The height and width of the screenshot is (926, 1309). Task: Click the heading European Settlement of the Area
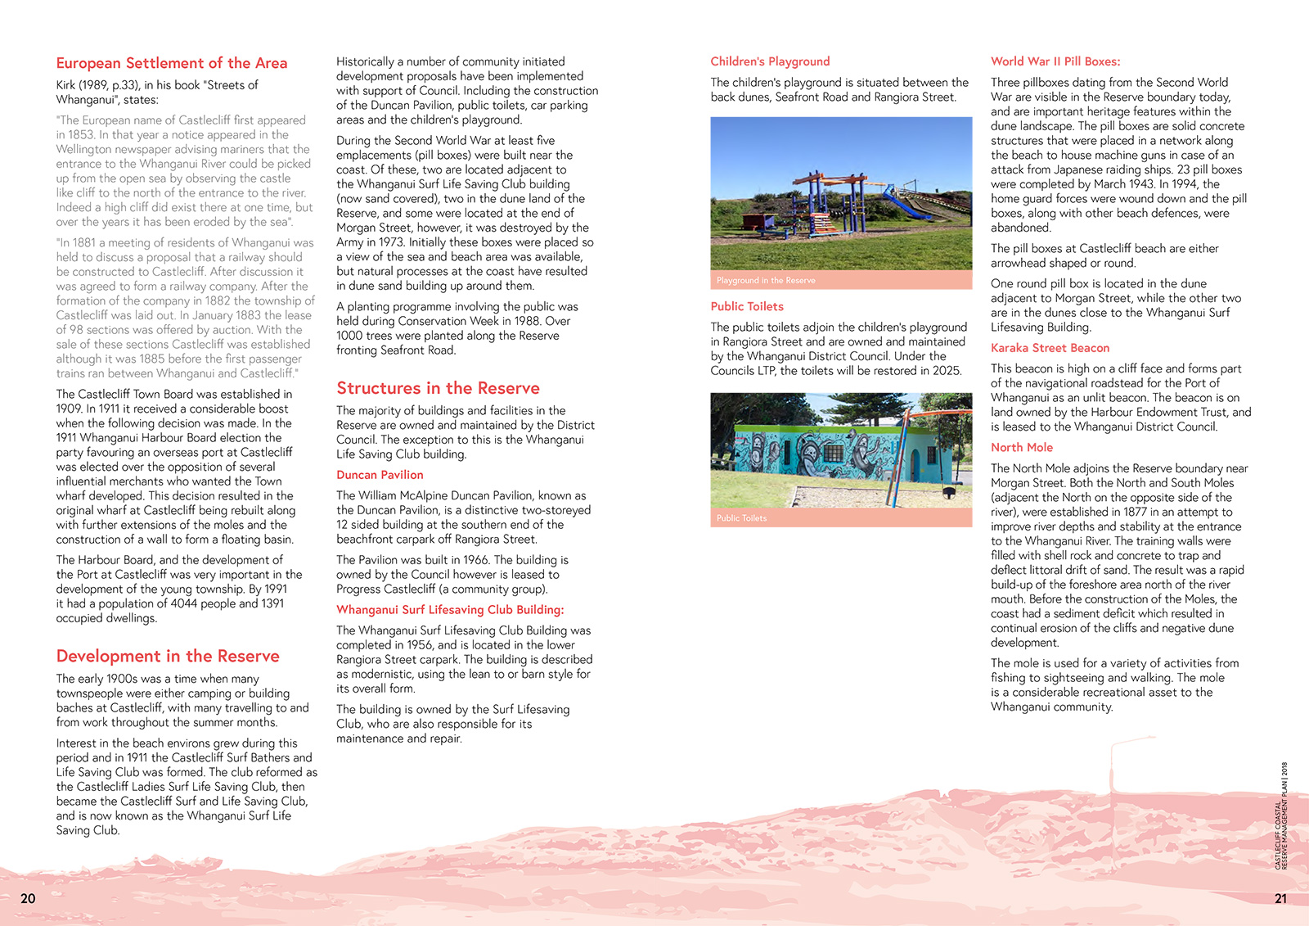pyautogui.click(x=172, y=63)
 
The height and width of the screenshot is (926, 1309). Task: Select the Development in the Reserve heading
pyautogui.click(x=168, y=656)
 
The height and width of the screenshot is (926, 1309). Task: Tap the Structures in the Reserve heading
pyautogui.click(x=438, y=388)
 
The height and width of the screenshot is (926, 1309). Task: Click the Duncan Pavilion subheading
pyautogui.click(x=380, y=475)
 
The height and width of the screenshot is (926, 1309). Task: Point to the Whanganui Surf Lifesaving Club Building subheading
pyautogui.click(x=450, y=610)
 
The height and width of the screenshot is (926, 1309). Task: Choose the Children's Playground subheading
pyautogui.click(x=770, y=61)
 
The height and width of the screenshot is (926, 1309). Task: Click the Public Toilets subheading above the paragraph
pyautogui.click(x=747, y=306)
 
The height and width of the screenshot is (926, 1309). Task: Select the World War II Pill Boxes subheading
pyautogui.click(x=1055, y=61)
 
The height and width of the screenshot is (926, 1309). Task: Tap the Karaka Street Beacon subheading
pyautogui.click(x=1050, y=348)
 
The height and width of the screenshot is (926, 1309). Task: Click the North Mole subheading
pyautogui.click(x=1022, y=447)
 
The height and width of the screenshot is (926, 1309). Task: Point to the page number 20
pyautogui.click(x=28, y=898)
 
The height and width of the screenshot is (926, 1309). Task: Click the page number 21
pyautogui.click(x=1280, y=898)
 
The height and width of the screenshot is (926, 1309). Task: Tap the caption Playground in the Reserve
pyautogui.click(x=766, y=280)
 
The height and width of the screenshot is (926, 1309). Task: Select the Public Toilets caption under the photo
pyautogui.click(x=741, y=518)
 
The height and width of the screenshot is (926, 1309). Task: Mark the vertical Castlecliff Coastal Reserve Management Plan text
pyautogui.click(x=1281, y=815)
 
